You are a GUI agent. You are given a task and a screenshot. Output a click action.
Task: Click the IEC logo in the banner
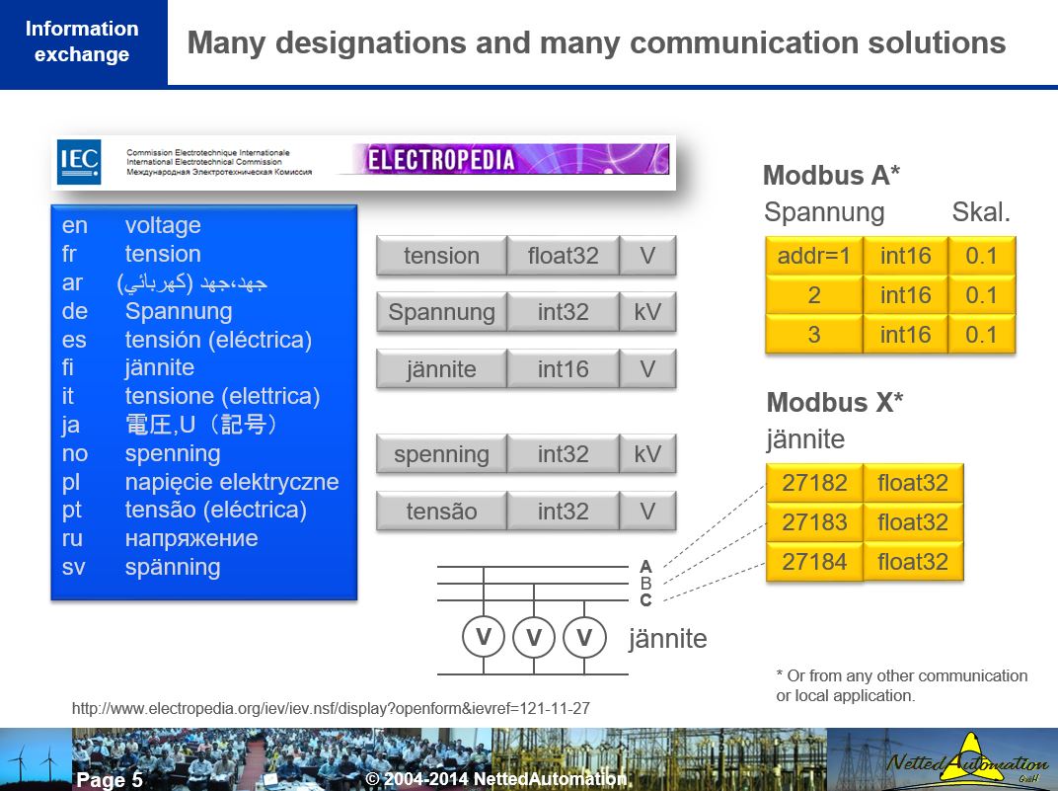pyautogui.click(x=79, y=161)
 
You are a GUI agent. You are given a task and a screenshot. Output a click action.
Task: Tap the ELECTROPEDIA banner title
pyautogui.click(x=442, y=160)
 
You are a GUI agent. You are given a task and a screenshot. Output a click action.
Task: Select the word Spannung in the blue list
pyautogui.click(x=178, y=311)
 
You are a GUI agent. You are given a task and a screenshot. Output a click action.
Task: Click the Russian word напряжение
pyautogui.click(x=190, y=538)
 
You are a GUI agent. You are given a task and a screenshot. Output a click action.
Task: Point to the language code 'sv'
pyautogui.click(x=73, y=567)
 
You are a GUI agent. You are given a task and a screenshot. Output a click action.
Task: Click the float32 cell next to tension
pyautogui.click(x=563, y=256)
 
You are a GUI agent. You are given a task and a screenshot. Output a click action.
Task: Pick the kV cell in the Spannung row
pyautogui.click(x=647, y=313)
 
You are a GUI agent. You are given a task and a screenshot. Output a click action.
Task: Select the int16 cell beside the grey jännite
pyautogui.click(x=563, y=369)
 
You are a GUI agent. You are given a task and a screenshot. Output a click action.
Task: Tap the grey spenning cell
pyautogui.click(x=441, y=454)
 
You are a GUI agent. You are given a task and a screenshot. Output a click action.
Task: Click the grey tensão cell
pyautogui.click(x=441, y=512)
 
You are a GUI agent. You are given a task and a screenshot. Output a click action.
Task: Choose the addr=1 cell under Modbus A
pyautogui.click(x=814, y=256)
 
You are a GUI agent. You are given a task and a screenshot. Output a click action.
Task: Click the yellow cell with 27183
pyautogui.click(x=814, y=522)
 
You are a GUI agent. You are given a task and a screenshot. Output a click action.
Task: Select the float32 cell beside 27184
pyautogui.click(x=913, y=562)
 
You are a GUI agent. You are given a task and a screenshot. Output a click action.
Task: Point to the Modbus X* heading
pyautogui.click(x=835, y=403)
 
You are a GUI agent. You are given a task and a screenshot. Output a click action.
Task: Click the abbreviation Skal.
pyautogui.click(x=981, y=212)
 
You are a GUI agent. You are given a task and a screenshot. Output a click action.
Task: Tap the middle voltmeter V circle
pyautogui.click(x=534, y=638)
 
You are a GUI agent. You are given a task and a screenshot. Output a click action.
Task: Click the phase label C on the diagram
pyautogui.click(x=645, y=599)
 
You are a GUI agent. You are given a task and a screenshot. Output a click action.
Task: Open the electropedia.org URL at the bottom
pyautogui.click(x=331, y=708)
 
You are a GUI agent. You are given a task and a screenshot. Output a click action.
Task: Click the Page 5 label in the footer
pyautogui.click(x=110, y=780)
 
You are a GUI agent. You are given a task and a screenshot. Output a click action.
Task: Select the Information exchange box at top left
pyautogui.click(x=82, y=41)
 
